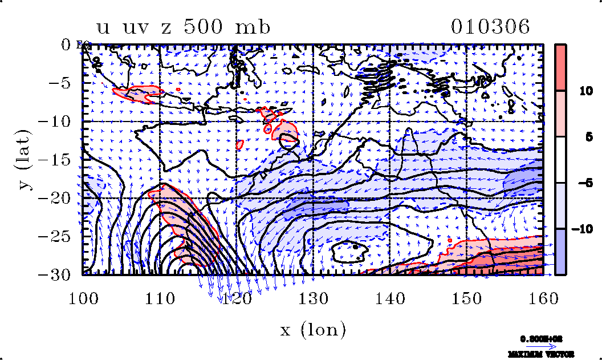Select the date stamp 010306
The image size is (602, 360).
490,27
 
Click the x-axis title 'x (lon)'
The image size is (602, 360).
313,330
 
